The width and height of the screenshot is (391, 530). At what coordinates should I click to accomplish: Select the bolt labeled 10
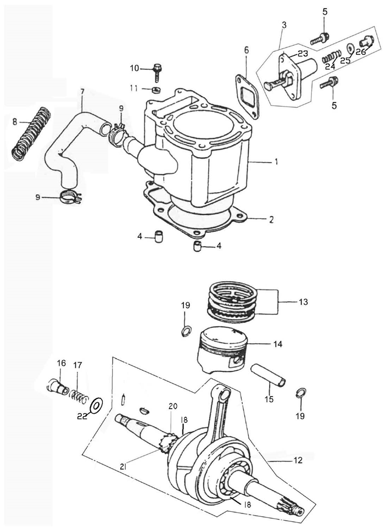pos(157,70)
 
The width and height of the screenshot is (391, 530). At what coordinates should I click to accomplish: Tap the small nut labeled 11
pos(157,90)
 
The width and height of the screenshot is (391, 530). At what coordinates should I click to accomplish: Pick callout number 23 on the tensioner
pos(303,54)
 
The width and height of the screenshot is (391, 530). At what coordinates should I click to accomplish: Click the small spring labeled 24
pos(328,55)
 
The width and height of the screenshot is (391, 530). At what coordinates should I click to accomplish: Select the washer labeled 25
pos(350,48)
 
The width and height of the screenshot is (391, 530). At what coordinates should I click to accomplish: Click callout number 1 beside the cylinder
pos(277,163)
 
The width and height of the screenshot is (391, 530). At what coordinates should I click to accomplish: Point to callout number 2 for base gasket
pos(271,219)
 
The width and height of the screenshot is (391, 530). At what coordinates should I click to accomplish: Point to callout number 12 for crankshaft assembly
pos(297,460)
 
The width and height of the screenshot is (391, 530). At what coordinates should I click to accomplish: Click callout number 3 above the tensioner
pos(284,25)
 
